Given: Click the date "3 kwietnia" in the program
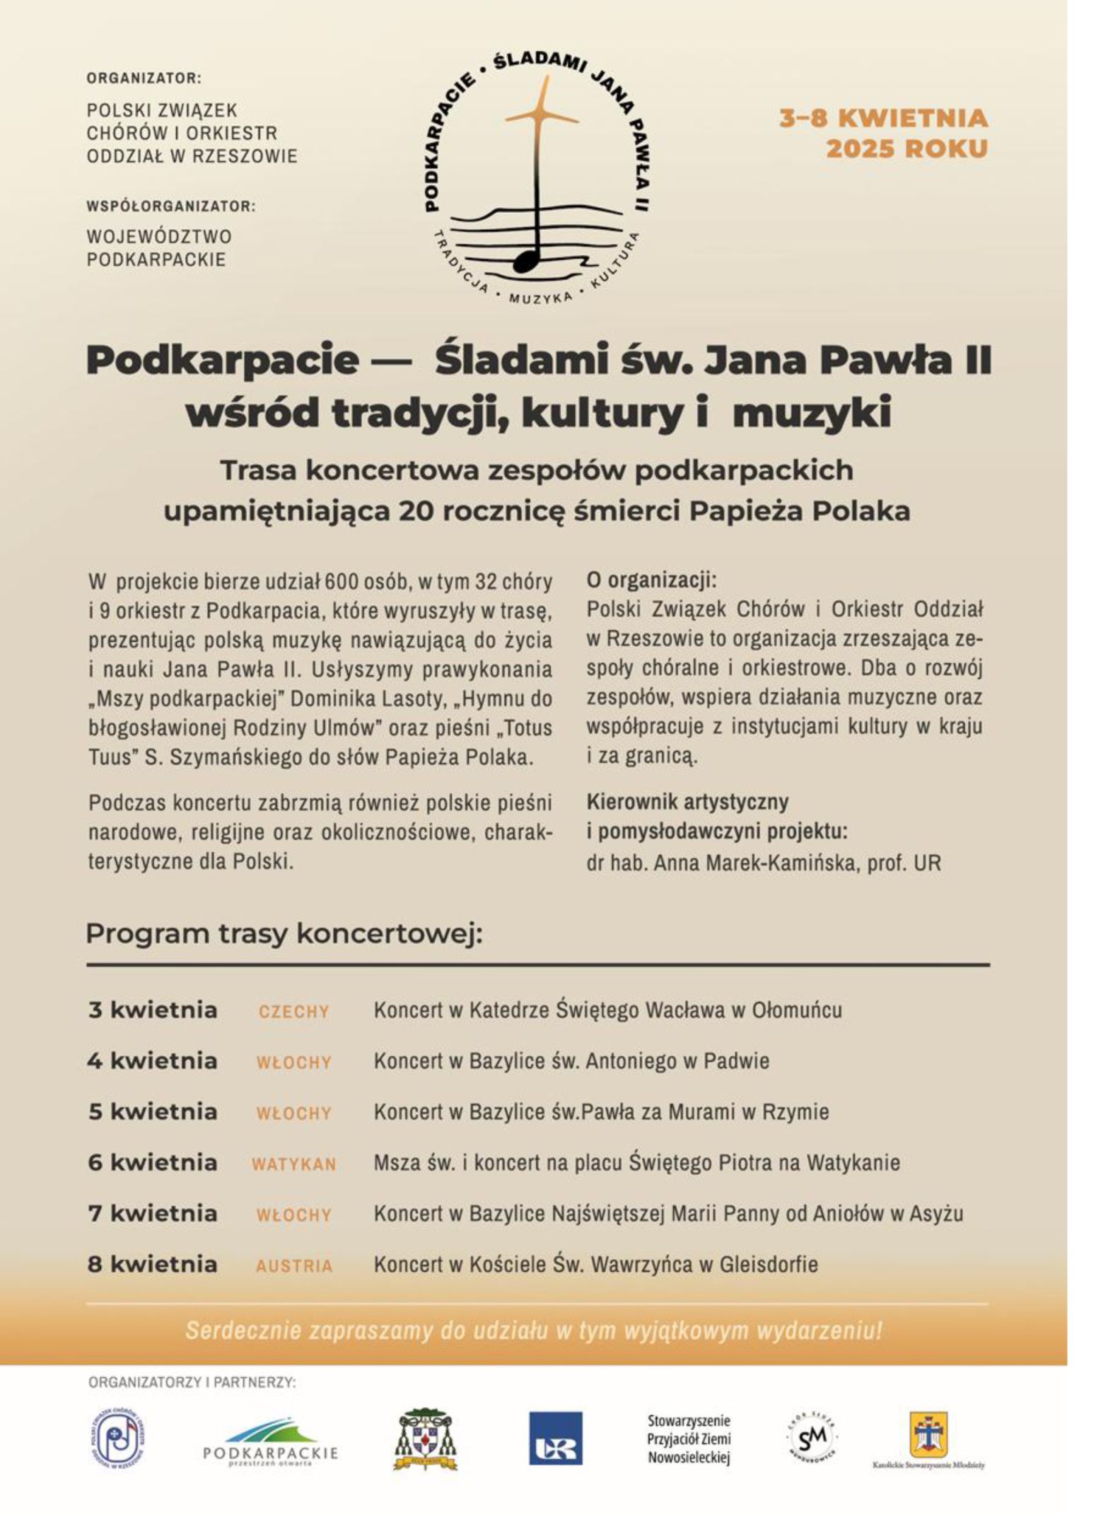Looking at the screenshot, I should click(x=152, y=1010).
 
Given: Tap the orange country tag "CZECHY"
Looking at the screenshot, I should click(x=294, y=1012).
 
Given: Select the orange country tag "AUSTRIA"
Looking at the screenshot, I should click(x=294, y=1265).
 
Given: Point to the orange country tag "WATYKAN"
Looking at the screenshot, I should click(x=294, y=1164).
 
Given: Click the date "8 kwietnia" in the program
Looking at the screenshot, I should click(x=152, y=1264).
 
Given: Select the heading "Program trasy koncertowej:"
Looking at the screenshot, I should click(x=284, y=933).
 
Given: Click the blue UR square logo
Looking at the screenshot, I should click(x=556, y=1438).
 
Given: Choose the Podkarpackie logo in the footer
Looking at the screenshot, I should click(x=270, y=1442).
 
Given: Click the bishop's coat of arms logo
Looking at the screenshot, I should click(x=425, y=1439).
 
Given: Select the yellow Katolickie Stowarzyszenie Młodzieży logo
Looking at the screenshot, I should click(x=928, y=1435).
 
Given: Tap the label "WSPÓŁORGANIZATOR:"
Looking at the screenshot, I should click(x=170, y=206).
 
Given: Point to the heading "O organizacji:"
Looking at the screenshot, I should click(x=651, y=580).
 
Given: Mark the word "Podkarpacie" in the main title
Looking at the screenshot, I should click(x=222, y=360).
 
